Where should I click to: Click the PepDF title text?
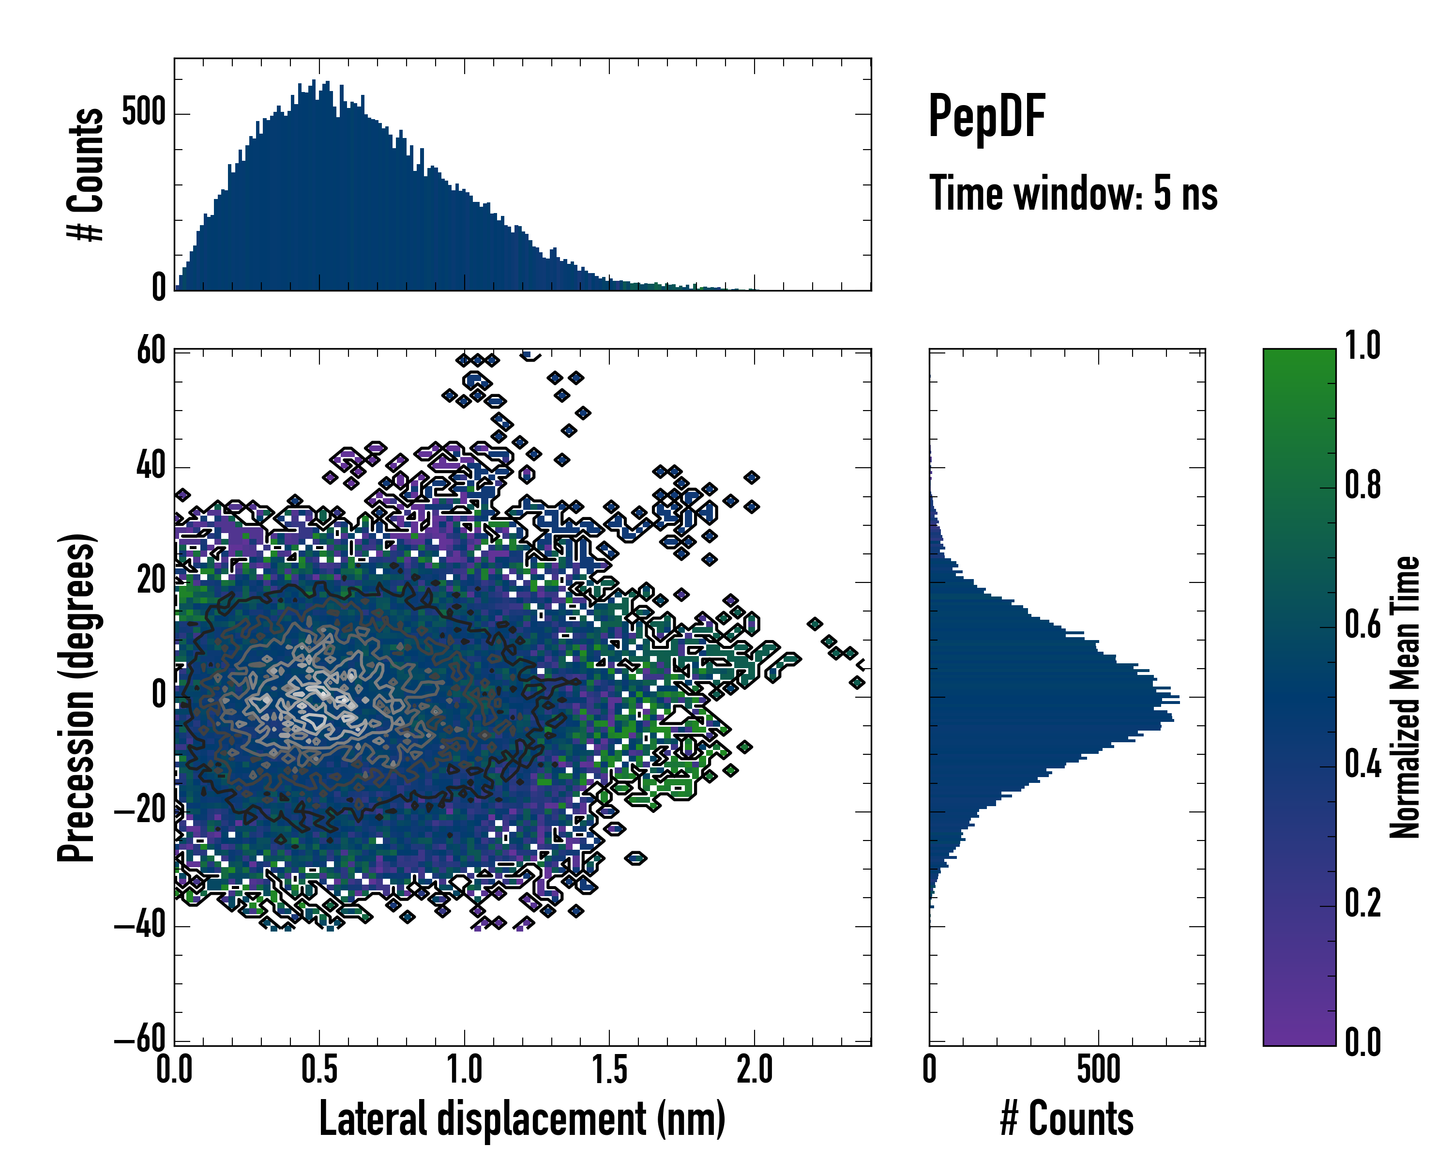coord(986,117)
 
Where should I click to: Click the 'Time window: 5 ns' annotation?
coord(1073,193)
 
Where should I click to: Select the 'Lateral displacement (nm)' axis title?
coord(522,1119)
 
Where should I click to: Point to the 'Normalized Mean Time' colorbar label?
coord(1405,697)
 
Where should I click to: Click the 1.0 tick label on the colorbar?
coord(1362,346)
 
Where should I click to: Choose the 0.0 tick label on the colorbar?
coord(1362,1041)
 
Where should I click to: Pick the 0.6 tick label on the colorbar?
coord(1362,625)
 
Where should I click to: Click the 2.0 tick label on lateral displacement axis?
coord(754,1070)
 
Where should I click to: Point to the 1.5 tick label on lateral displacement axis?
coord(609,1070)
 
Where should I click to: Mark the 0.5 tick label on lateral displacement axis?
coord(319,1070)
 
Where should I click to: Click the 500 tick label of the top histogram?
coord(143,112)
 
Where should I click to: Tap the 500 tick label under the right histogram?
coord(1098,1070)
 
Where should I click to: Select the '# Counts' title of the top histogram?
coord(86,174)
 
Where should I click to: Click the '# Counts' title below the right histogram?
coord(1067,1119)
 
